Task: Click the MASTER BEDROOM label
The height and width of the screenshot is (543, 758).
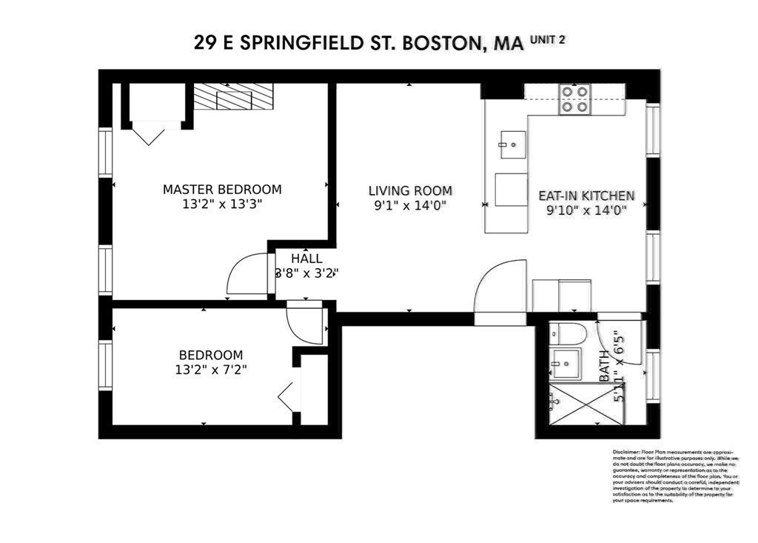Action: pos(222,190)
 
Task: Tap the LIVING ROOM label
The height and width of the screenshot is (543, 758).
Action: pos(410,191)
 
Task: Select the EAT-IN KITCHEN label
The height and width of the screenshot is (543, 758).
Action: pos(586,196)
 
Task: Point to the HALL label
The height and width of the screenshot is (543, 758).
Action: pos(306,259)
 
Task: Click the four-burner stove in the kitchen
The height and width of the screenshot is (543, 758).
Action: pos(575,99)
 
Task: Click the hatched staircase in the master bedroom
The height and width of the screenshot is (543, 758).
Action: pos(233,96)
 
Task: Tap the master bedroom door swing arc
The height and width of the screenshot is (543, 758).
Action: pos(246,275)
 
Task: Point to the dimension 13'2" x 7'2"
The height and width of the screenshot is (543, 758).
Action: pos(206,370)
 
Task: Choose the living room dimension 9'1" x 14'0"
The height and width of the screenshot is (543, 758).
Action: pos(410,206)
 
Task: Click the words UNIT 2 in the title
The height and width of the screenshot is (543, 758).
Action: pos(547,40)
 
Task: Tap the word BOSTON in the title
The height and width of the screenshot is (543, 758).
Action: pos(440,43)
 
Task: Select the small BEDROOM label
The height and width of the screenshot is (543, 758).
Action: pos(210,355)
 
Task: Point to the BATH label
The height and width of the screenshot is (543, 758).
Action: pos(604,366)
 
